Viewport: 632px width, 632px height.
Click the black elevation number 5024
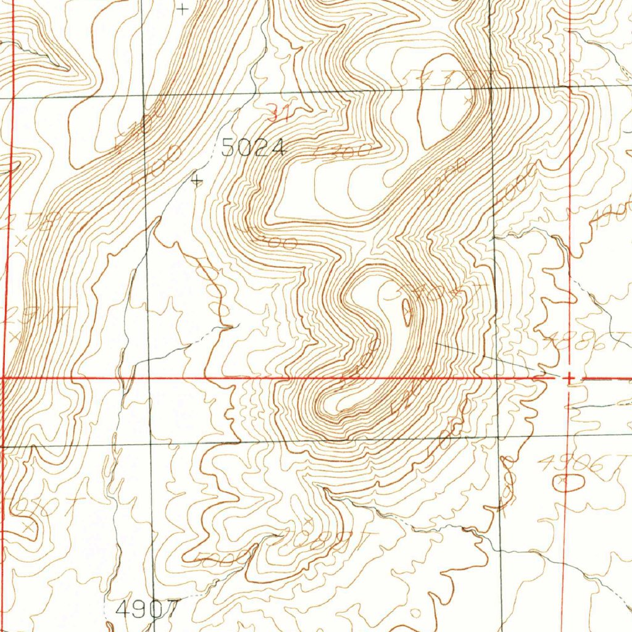coord(254,148)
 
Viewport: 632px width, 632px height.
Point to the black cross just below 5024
coord(197,180)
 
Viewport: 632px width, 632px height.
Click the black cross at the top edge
coord(182,9)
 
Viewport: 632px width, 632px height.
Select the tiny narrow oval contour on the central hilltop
coord(406,312)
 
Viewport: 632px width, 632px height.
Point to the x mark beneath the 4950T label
coord(27,528)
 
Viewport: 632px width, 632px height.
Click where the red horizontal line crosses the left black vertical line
coord(149,377)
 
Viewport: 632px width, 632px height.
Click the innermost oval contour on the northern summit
coord(442,102)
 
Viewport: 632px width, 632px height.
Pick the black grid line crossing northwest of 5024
coord(143,96)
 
